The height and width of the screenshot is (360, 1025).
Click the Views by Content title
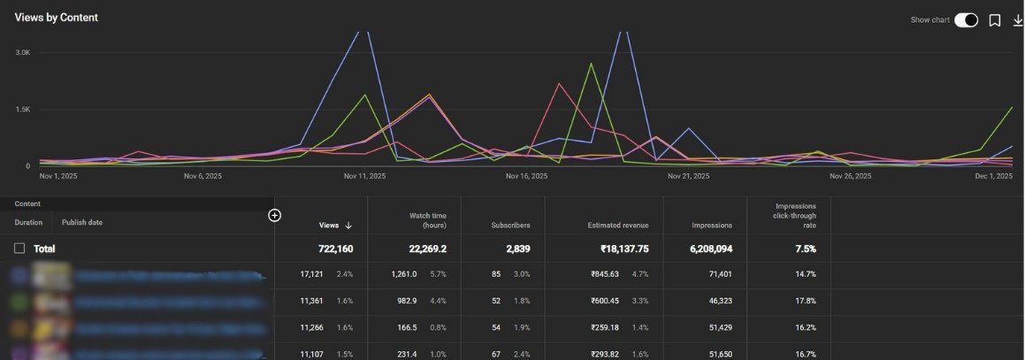[57, 18]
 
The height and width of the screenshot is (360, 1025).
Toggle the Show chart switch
[966, 20]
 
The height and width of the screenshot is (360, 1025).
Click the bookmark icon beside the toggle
[995, 20]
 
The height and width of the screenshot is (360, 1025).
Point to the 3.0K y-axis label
[23, 53]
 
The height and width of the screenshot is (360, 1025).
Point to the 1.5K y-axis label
[23, 110]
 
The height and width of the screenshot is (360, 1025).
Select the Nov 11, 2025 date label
[365, 176]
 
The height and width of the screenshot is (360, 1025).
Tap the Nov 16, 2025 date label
[526, 176]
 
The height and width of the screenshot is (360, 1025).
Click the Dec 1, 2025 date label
[993, 176]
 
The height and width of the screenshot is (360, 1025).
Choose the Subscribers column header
[510, 226]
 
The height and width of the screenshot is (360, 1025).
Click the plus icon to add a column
[274, 215]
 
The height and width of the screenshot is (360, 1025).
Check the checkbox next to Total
[19, 249]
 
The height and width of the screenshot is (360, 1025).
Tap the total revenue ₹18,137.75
[620, 249]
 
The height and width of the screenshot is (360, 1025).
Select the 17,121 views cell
[313, 275]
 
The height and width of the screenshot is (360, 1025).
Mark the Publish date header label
[81, 223]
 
